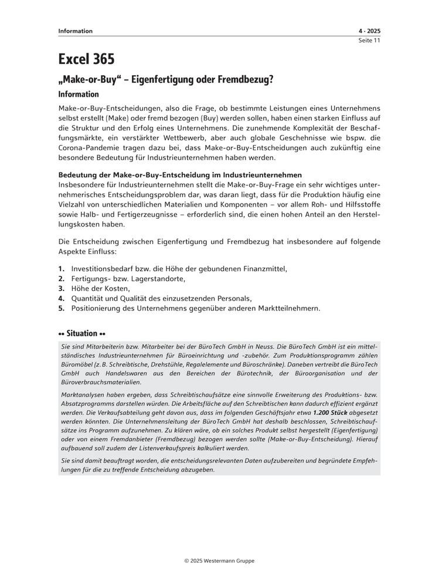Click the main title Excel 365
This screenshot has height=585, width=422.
pos(86,59)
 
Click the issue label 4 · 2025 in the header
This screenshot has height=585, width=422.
pos(369,31)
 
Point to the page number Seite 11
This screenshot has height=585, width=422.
pos(369,40)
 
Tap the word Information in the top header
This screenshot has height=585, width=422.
pos(75,31)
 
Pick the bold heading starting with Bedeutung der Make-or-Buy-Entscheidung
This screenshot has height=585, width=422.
pos(180,175)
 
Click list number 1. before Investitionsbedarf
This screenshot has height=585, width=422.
pos(62,269)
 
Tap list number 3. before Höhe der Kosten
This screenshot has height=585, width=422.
pos(62,288)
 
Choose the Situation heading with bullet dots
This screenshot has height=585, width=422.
pos(81,333)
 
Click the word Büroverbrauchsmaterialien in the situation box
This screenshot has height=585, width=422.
pos(104,382)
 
